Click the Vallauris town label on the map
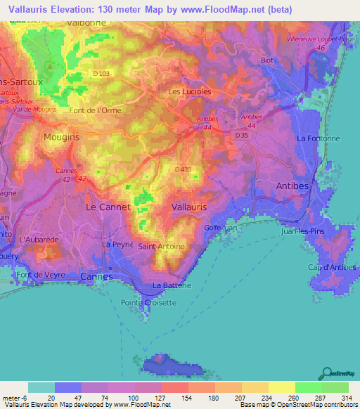(x=188, y=207)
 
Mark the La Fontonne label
(x=319, y=139)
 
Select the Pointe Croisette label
(x=149, y=302)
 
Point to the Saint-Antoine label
(x=161, y=247)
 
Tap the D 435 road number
(x=184, y=169)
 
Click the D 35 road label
(x=243, y=134)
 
